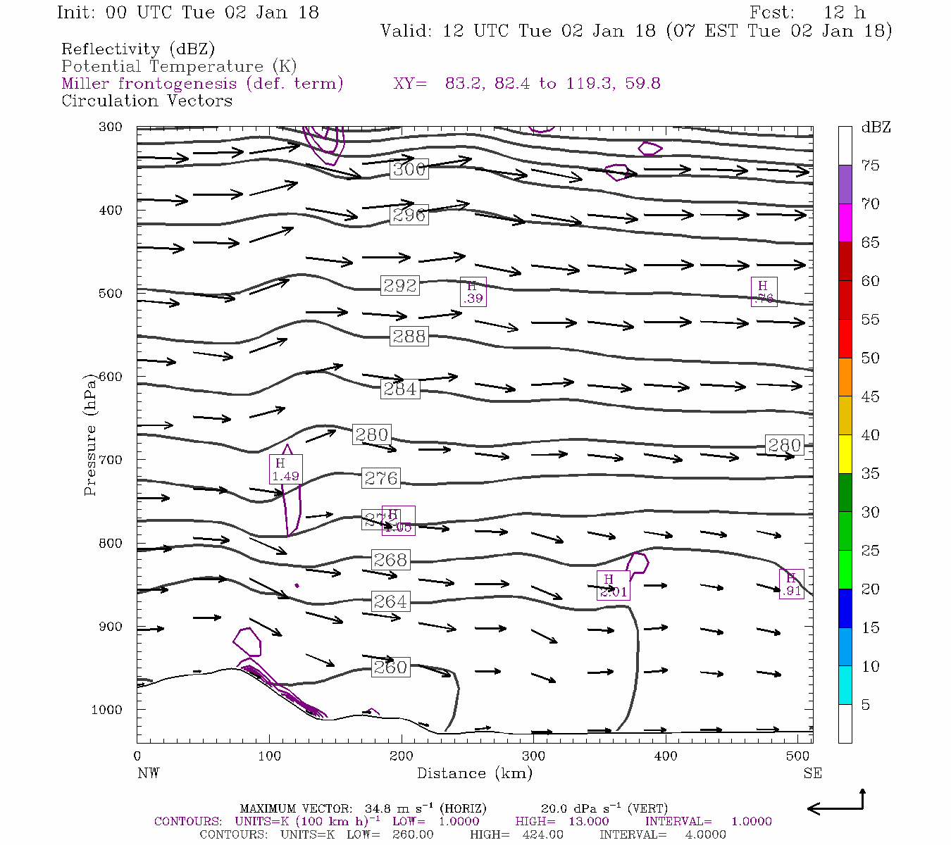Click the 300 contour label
pos(409,169)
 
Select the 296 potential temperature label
pos(409,215)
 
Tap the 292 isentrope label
pos(400,285)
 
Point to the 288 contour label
pos(409,336)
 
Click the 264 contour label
pos(390,601)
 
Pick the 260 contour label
pos(390,667)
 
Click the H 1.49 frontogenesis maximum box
pos(285,469)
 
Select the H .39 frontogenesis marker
pos(473,292)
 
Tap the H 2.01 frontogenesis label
pos(613,585)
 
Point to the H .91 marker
pos(791,584)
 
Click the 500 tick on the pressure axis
pos(111,294)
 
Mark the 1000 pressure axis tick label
pos(107,710)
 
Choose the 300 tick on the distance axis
pos(533,756)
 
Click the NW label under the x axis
pos(148,773)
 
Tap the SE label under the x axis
pos(812,773)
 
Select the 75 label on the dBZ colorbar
pos(870,165)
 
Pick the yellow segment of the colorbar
pos(845,454)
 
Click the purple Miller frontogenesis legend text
pos(202,84)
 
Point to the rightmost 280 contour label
pos(784,445)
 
